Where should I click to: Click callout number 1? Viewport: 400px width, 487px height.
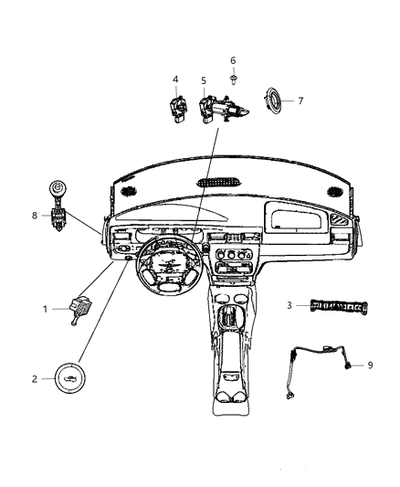(45, 309)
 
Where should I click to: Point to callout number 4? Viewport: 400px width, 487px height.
(176, 80)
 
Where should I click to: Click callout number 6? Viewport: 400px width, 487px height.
(233, 60)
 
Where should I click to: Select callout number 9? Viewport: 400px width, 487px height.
(371, 365)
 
